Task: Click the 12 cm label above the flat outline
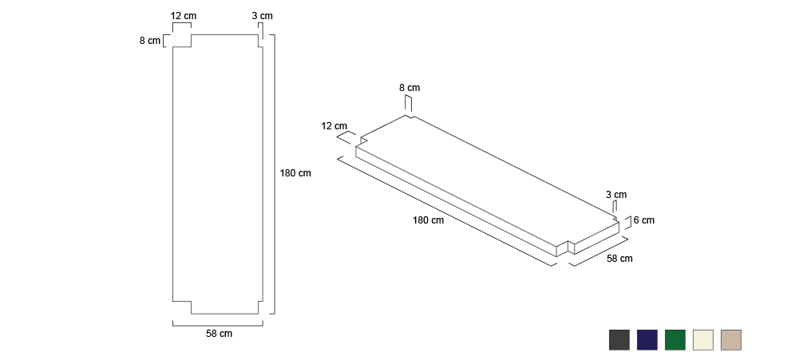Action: click(x=184, y=16)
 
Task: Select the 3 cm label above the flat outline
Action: click(x=263, y=16)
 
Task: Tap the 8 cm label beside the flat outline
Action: click(x=150, y=41)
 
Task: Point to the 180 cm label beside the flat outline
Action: click(x=295, y=173)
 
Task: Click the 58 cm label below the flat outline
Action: click(x=219, y=334)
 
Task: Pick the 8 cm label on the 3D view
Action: click(x=409, y=88)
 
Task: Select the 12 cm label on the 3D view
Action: click(x=334, y=125)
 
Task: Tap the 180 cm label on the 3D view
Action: click(x=429, y=220)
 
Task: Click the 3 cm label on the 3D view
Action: click(x=616, y=195)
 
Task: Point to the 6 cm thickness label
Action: click(x=643, y=220)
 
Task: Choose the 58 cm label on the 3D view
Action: click(x=619, y=258)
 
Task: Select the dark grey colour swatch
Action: click(x=619, y=340)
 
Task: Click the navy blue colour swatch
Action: click(x=647, y=340)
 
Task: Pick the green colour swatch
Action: click(x=675, y=340)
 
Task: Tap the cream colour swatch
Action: click(x=703, y=340)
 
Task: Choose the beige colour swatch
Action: click(x=731, y=340)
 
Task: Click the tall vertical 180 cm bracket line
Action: click(x=275, y=174)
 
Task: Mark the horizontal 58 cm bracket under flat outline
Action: click(x=217, y=326)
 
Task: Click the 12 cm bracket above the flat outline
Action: click(x=182, y=23)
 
